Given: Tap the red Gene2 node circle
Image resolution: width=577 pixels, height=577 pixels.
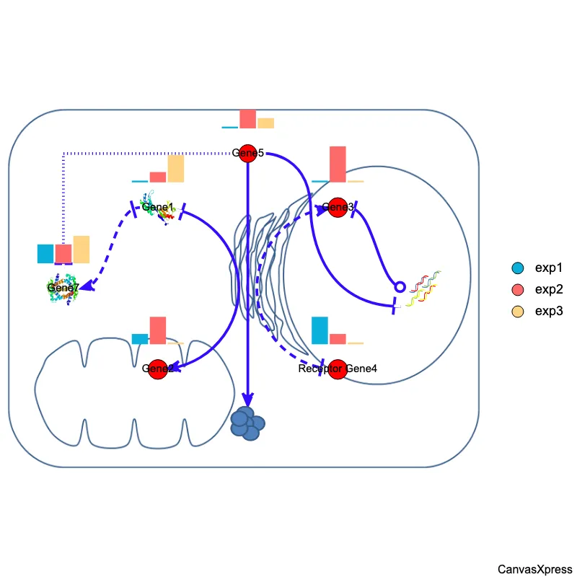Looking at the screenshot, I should [157, 369].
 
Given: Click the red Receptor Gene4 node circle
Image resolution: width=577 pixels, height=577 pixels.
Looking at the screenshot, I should [338, 369].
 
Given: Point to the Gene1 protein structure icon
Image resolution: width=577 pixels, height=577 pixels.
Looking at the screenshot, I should [158, 208].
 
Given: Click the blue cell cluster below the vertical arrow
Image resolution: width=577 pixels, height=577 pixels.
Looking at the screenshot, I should [247, 423].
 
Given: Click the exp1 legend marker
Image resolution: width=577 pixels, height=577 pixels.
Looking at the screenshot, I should [517, 268].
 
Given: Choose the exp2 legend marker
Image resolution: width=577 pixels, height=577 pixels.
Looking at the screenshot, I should [517, 290].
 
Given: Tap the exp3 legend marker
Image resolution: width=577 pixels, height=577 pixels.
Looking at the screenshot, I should [517, 312].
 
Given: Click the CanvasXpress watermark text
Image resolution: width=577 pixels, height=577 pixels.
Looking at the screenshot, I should [534, 569].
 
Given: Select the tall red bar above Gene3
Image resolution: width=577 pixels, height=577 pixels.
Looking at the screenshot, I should [338, 164].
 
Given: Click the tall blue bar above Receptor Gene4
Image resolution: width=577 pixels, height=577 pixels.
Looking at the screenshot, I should [320, 330].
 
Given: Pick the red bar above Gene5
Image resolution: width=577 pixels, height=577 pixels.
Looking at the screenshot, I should [247, 119].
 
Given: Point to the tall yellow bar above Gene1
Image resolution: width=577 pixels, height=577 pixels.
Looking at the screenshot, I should [176, 169].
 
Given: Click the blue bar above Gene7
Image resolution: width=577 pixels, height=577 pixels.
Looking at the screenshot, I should [45, 254].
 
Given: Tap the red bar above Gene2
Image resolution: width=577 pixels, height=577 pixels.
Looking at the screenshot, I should [157, 330].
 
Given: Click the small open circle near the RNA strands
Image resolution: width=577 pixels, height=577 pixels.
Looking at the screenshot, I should [400, 287].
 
